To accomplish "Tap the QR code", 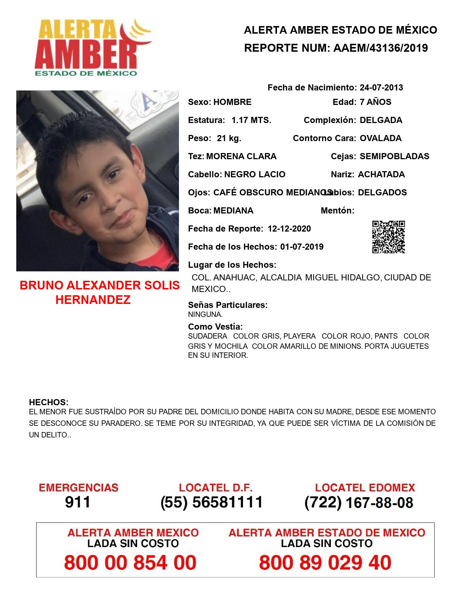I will [388, 237].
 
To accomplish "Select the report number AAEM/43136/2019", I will [380, 48].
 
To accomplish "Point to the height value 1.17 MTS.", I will [251, 120].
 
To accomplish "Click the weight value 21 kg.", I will [229, 138].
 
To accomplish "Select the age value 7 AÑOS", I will [375, 102].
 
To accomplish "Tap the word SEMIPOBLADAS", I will [394, 156].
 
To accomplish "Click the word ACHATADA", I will [381, 174].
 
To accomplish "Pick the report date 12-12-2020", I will [289, 229].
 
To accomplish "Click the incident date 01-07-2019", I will [302, 247].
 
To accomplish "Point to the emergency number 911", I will [78, 502].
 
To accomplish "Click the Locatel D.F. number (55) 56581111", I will [212, 502].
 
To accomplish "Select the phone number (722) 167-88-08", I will [359, 503].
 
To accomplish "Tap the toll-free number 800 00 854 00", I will [130, 563].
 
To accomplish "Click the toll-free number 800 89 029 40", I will [325, 563].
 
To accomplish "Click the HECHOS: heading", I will [48, 402].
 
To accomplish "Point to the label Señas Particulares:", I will [228, 305].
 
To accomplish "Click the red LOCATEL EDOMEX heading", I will [365, 487].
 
